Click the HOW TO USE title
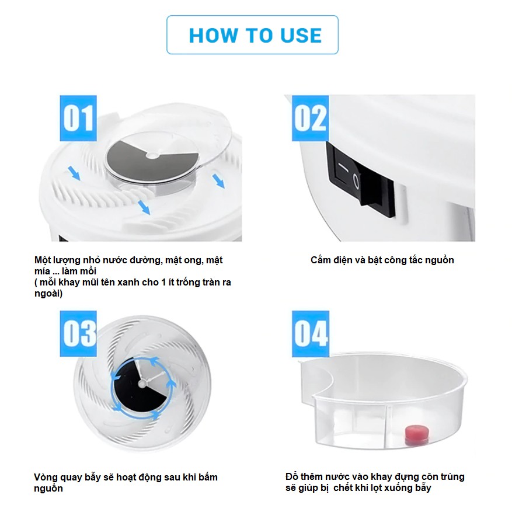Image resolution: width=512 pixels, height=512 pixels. point(255,35)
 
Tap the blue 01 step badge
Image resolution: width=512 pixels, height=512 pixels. point(78,118)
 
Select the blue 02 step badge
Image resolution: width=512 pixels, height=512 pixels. point(310,118)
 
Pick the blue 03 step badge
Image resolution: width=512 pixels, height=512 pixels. point(78,333)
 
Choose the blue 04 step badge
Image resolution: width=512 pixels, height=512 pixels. point(310,333)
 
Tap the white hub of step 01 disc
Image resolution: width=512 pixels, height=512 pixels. point(151,156)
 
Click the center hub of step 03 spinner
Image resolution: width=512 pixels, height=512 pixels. point(142,384)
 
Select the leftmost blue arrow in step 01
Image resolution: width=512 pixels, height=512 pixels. point(74,173)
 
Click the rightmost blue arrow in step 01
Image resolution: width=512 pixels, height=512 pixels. point(218,181)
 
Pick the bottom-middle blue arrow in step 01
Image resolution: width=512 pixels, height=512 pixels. point(144,208)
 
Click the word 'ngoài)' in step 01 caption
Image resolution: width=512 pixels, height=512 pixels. point(48,294)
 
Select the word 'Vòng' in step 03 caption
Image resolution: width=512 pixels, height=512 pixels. point(46,478)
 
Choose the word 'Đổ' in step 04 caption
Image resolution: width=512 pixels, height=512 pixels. point(291,476)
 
